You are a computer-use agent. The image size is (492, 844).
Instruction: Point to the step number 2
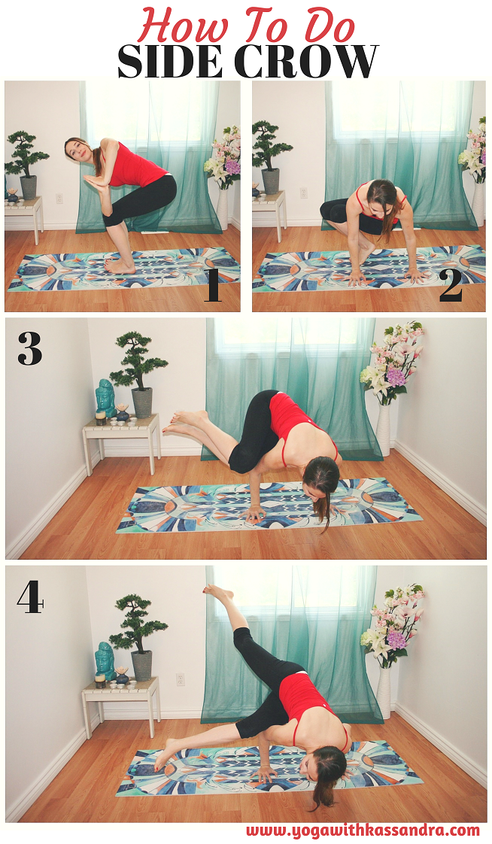[451, 287]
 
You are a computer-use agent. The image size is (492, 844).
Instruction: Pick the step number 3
[29, 348]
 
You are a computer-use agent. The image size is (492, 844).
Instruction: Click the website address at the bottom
[363, 830]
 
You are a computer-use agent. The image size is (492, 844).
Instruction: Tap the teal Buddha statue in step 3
[105, 399]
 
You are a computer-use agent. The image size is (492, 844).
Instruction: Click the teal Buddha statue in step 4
[105, 661]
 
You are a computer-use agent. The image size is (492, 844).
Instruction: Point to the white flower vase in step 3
[383, 430]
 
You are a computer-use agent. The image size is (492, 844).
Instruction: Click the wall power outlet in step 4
[181, 679]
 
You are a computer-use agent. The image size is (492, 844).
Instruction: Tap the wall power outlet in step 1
[59, 198]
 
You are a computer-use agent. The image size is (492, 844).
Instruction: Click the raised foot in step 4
[218, 593]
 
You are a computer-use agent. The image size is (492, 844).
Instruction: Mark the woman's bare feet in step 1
[120, 266]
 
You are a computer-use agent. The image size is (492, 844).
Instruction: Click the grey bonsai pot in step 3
[142, 402]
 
